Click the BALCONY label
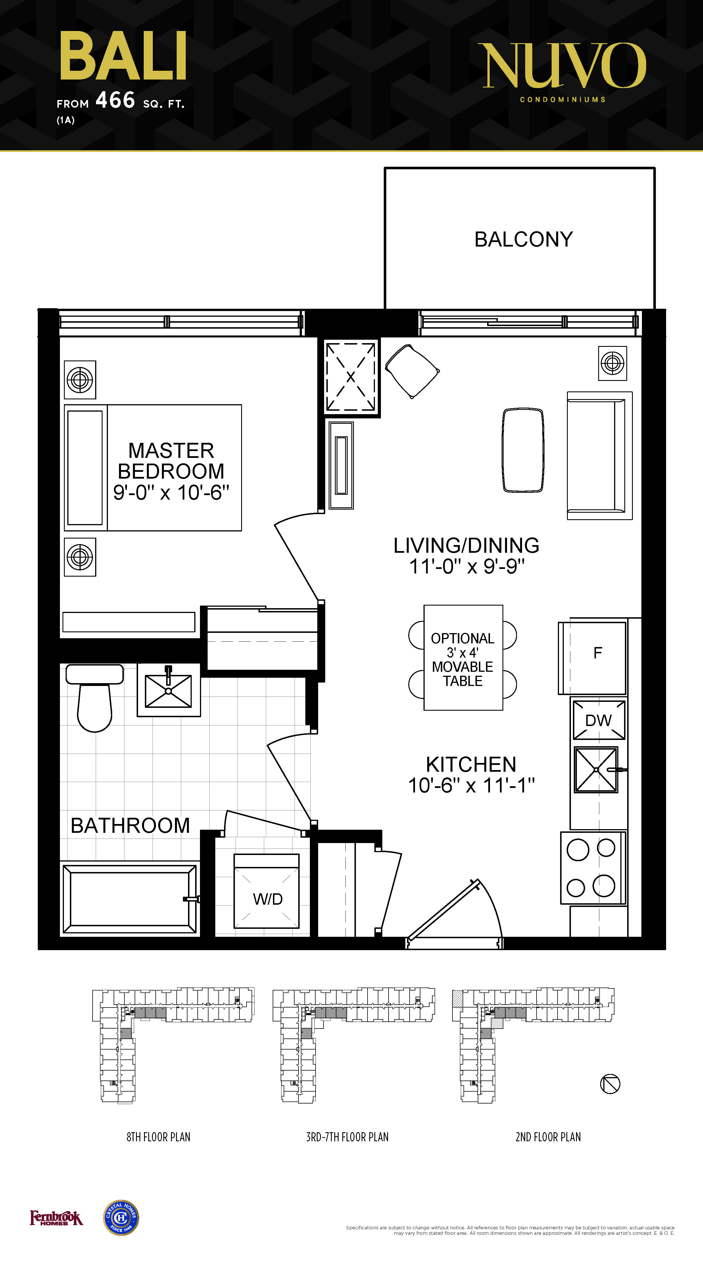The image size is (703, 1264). pyautogui.click(x=523, y=239)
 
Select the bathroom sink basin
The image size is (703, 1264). pyautogui.click(x=168, y=691)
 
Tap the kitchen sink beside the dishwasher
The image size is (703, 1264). pyautogui.click(x=596, y=769)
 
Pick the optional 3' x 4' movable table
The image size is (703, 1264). pyautogui.click(x=463, y=658)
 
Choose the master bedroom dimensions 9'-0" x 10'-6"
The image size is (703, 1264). pyautogui.click(x=171, y=493)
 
